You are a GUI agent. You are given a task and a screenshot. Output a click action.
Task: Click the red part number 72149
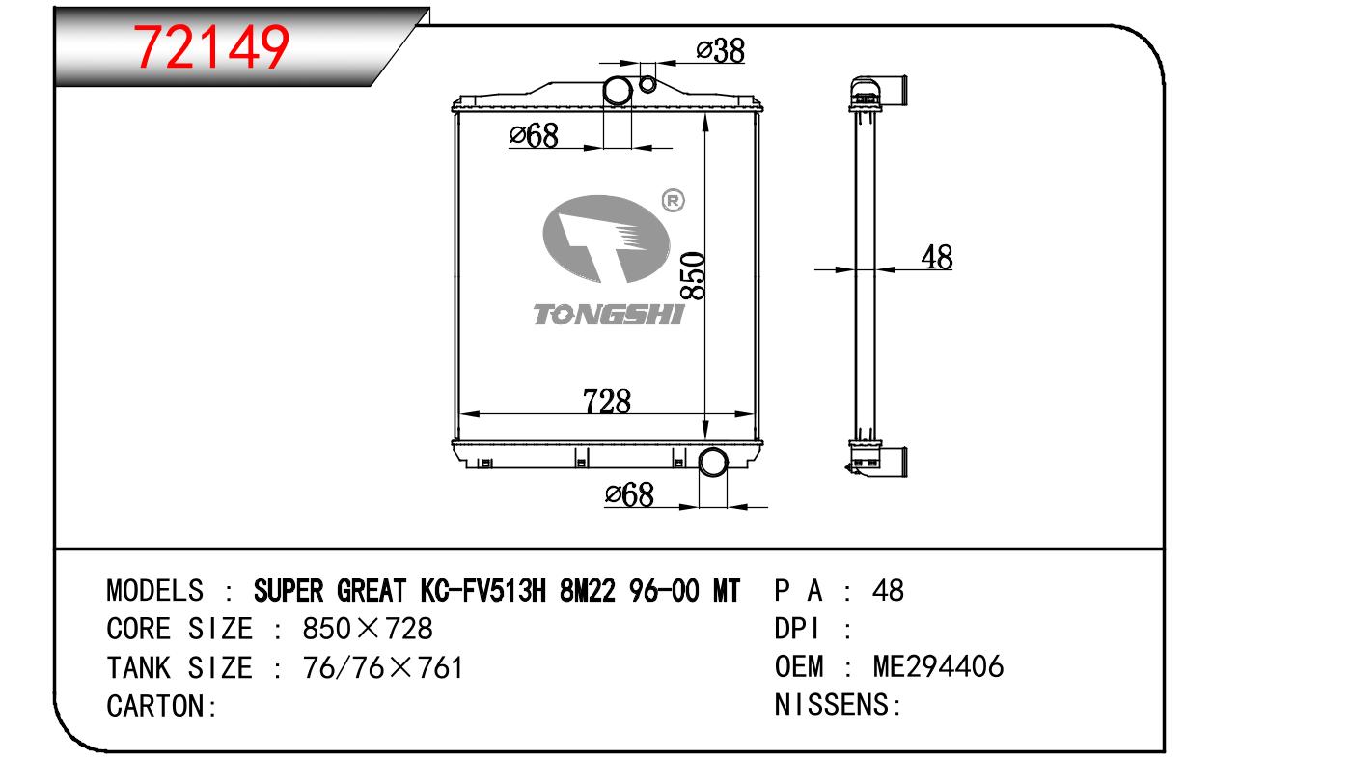(211, 46)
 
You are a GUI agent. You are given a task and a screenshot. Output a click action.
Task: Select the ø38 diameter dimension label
(721, 50)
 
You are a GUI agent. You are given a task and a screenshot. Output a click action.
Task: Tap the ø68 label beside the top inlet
(534, 135)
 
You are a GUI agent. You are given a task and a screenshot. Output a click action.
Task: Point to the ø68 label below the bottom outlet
(629, 495)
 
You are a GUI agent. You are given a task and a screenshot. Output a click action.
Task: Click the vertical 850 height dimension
(693, 275)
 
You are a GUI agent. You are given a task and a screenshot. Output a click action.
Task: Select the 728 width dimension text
(607, 402)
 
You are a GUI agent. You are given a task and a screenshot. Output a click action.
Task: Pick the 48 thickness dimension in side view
(937, 258)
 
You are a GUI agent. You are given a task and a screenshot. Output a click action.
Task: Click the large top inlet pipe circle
(618, 91)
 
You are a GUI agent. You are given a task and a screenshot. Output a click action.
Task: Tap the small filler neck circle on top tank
(647, 84)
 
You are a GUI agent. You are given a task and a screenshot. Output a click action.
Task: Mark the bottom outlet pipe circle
(713, 463)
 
